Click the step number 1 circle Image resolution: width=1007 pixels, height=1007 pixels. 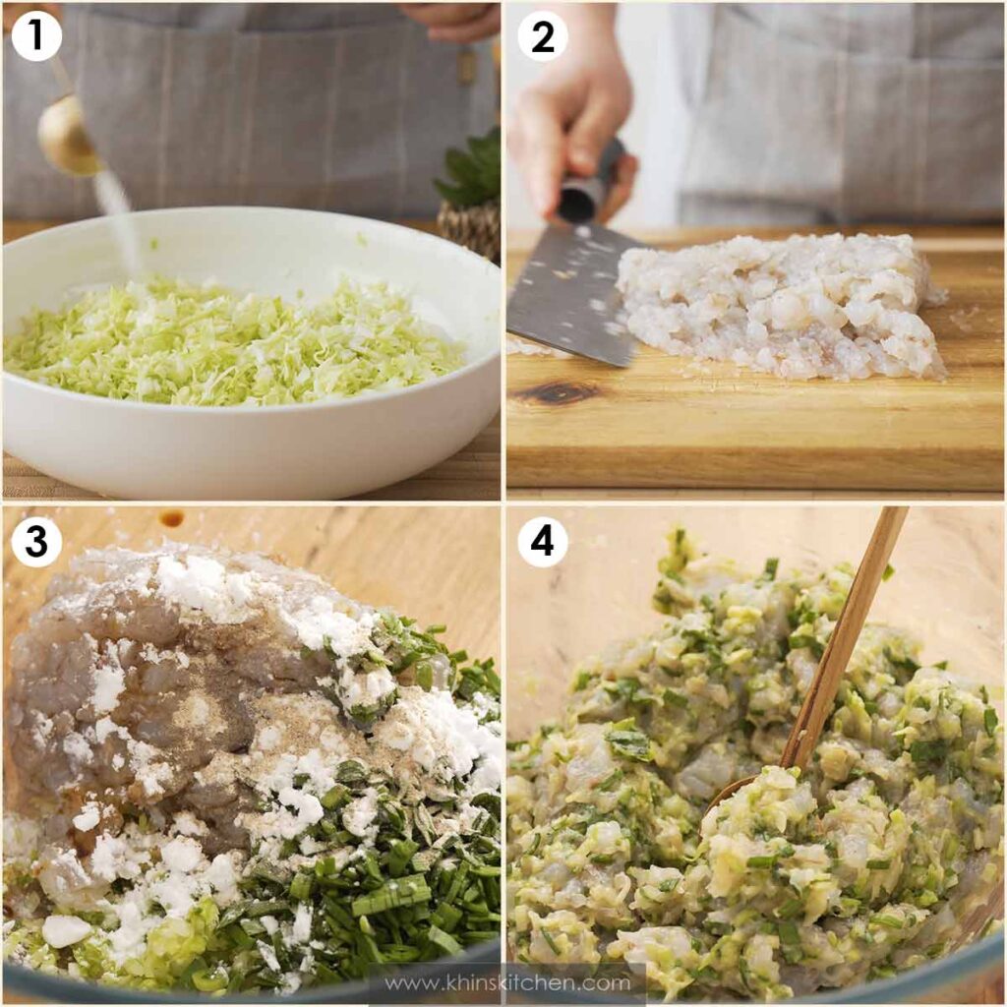tap(36, 36)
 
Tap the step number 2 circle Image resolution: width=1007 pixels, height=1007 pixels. tap(543, 36)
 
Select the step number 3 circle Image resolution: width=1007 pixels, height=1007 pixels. tap(36, 542)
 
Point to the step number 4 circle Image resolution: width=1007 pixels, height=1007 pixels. tap(543, 542)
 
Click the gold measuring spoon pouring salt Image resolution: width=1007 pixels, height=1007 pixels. tap(68, 135)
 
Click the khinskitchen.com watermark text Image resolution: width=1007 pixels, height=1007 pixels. tap(507, 982)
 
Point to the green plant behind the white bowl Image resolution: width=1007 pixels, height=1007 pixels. tap(472, 170)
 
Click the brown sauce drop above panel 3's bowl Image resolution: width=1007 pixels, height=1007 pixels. tap(172, 517)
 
